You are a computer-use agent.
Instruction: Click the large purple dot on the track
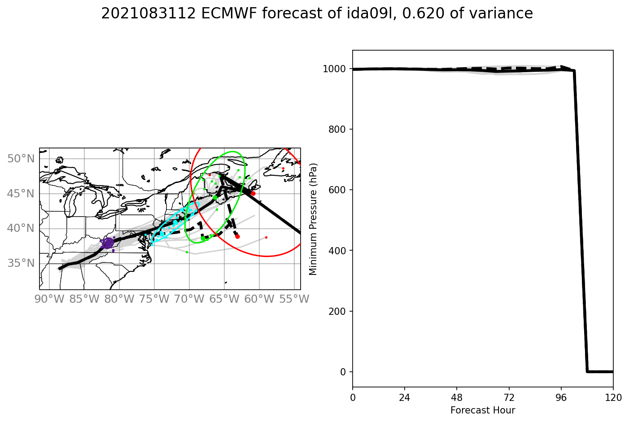[x=108, y=243]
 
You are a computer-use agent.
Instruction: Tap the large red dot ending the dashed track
[x=237, y=236]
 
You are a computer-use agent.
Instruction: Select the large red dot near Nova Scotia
[x=253, y=193]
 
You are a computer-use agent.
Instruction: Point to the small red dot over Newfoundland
[x=283, y=168]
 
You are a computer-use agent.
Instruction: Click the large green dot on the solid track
[x=215, y=197]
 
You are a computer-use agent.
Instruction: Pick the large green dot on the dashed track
[x=203, y=238]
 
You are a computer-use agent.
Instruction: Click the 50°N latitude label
[x=21, y=159]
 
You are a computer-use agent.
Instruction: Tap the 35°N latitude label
[x=21, y=263]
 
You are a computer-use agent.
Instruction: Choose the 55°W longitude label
[x=294, y=299]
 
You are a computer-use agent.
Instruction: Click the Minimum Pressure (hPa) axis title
[x=313, y=219]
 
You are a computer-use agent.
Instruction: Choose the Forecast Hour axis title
[x=483, y=410]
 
